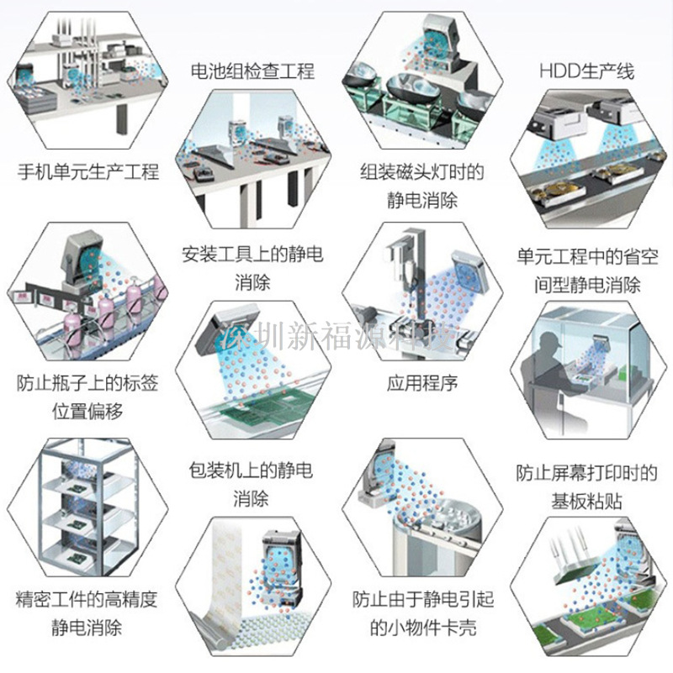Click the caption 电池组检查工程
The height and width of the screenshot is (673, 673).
(x=252, y=71)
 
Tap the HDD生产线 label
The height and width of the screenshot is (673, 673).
(x=586, y=71)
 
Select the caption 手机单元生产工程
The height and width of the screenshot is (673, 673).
(x=88, y=171)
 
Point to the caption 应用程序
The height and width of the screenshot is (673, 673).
(x=422, y=383)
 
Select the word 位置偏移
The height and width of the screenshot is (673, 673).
(x=87, y=411)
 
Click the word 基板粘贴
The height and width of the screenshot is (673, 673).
(x=586, y=501)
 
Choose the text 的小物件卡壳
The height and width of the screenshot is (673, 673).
(x=423, y=628)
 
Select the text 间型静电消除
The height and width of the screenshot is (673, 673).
(x=587, y=285)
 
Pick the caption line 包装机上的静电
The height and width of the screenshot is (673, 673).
(x=251, y=471)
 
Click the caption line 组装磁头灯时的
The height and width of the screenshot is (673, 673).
(x=422, y=171)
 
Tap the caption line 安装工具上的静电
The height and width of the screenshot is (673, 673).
(x=252, y=254)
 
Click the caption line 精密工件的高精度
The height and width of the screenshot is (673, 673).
(x=87, y=599)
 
